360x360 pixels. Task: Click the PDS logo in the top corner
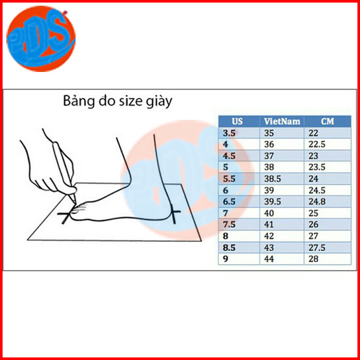(x=41, y=39)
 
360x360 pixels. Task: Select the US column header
(x=238, y=121)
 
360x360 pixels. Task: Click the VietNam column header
(x=282, y=121)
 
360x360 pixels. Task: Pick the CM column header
(x=328, y=121)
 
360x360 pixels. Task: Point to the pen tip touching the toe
(x=75, y=203)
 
